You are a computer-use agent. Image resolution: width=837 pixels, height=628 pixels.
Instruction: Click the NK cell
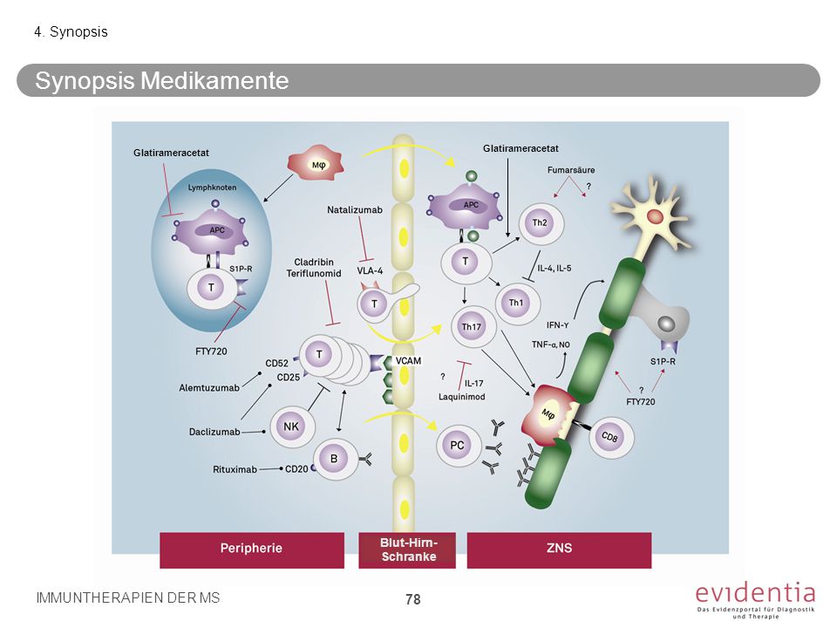pos(292,427)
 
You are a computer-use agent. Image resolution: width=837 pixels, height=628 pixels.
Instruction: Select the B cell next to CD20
pos(335,459)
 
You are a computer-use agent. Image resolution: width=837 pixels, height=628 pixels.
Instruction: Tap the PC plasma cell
pos(458,446)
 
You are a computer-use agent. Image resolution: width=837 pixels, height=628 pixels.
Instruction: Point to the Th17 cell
pos(473,327)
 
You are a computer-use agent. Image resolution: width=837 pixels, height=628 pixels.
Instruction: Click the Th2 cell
pos(541,223)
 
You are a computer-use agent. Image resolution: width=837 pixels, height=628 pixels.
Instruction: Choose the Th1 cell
pos(517,304)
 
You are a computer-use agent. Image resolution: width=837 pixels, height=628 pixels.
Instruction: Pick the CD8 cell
pos(610,437)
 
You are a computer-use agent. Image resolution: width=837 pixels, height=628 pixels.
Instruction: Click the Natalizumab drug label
pos(355,210)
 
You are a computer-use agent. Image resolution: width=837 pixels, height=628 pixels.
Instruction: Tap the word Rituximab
pos(235,469)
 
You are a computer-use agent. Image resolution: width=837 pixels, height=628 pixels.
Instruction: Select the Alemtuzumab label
pos(209,387)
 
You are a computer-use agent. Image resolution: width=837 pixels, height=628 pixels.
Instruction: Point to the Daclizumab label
pos(214,432)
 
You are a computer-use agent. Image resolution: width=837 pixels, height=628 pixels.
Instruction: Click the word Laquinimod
pos(462,397)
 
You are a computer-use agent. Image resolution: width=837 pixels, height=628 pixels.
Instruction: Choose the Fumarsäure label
pos(570,170)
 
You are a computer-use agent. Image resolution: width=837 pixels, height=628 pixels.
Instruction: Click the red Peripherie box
pos(252,549)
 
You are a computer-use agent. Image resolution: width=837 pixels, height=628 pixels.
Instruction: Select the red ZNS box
pos(559,549)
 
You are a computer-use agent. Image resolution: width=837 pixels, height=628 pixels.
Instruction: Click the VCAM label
pos(408,361)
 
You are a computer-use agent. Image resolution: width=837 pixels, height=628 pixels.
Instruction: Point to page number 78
pos(412,600)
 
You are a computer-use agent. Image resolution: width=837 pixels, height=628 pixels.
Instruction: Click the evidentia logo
pos(755,600)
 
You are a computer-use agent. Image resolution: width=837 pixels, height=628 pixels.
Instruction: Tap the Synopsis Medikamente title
pos(162,80)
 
